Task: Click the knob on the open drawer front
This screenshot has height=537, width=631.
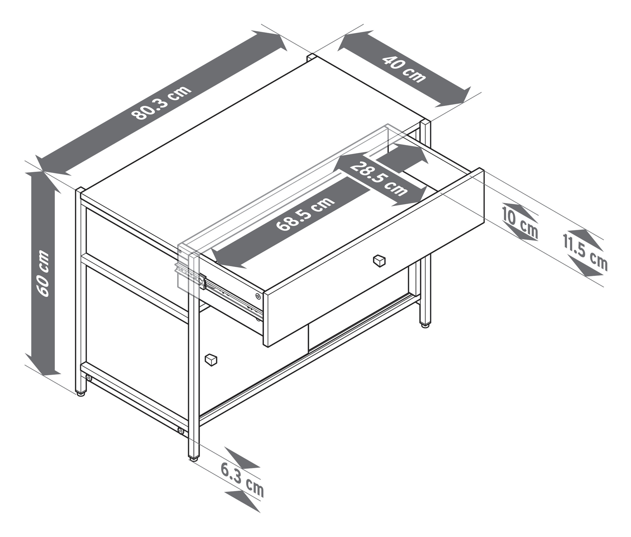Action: point(379,260)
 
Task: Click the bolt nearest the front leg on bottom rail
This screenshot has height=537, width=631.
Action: point(181,431)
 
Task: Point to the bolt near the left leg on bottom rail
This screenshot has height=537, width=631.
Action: point(89,378)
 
